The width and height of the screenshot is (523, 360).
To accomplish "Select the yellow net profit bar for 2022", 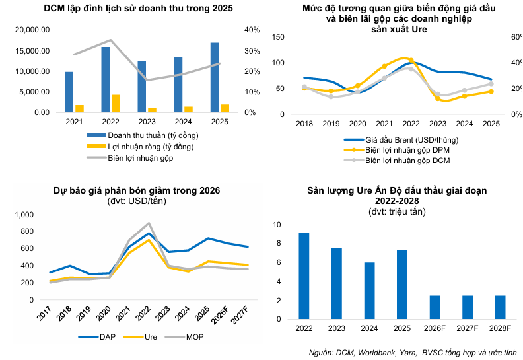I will (116, 104).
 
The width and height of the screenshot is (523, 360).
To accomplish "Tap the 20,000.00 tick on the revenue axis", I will (32, 30).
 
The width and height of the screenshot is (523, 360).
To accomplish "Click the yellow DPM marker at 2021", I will (384, 66).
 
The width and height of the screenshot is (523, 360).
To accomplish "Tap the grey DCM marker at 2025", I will (491, 84).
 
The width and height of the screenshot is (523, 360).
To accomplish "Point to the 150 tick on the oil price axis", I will (277, 37).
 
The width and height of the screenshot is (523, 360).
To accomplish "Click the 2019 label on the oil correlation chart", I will (331, 124).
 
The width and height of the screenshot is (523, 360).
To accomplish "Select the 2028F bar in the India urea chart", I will (500, 307).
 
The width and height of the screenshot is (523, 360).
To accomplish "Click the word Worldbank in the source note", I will (374, 352).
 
